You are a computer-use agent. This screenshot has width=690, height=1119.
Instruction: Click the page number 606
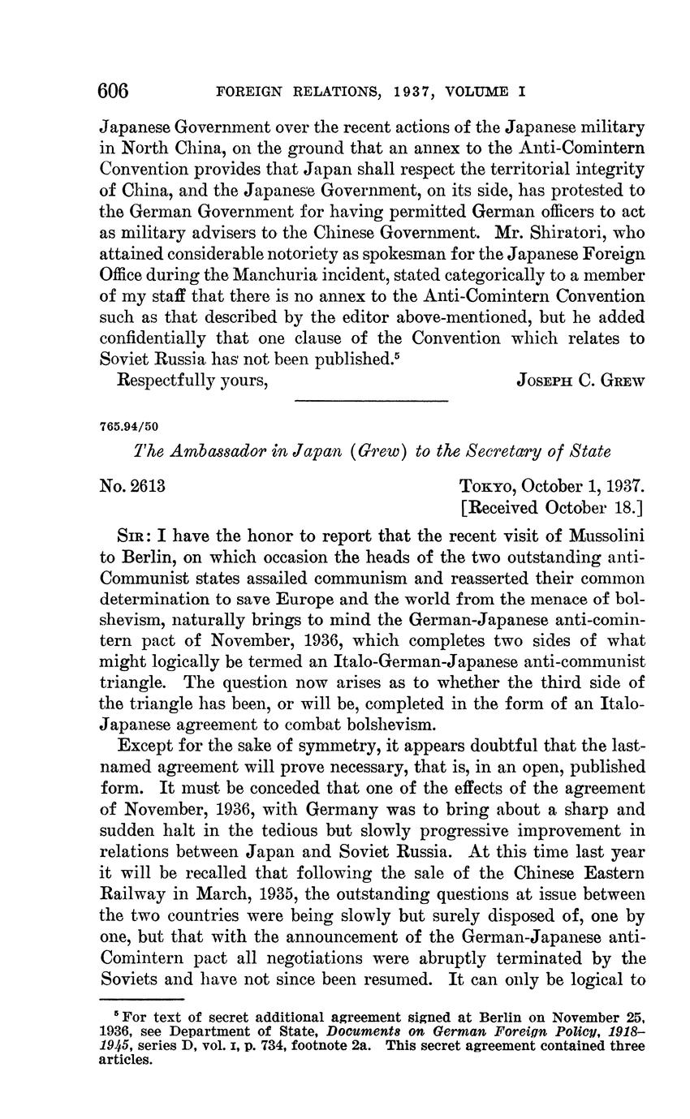click(x=114, y=91)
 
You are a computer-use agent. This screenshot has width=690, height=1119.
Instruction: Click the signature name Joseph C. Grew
click(x=580, y=382)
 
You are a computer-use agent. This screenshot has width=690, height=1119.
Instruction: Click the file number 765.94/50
click(x=130, y=425)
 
